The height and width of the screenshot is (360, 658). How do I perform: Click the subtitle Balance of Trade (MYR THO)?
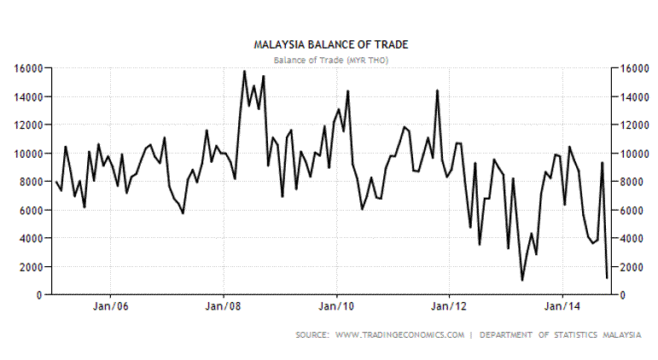329,59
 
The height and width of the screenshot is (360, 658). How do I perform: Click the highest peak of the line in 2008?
245,71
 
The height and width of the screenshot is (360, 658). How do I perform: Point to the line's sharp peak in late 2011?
438,90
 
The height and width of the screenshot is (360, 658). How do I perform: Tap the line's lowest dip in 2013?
522,280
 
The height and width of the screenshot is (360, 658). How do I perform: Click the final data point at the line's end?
607,277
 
